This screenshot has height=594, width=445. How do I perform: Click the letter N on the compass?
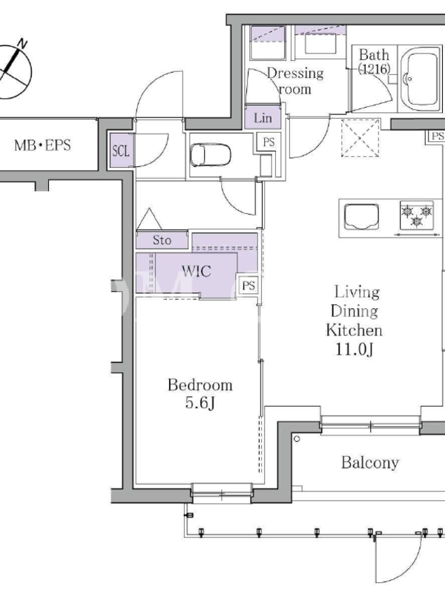[23, 44]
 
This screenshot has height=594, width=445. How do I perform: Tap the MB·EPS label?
[42, 145]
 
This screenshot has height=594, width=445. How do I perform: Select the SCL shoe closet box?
[121, 151]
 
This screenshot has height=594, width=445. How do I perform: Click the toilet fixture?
[210, 154]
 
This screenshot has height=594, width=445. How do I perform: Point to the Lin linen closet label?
[263, 118]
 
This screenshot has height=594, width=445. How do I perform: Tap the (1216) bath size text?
[374, 69]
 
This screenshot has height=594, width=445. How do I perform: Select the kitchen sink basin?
[361, 217]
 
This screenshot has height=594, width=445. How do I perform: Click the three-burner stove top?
[417, 215]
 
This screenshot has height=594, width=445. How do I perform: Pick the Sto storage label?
[162, 240]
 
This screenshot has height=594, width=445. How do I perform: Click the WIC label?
[196, 271]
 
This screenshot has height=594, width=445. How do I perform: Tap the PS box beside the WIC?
[248, 285]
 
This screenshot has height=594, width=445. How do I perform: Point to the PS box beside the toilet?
[268, 143]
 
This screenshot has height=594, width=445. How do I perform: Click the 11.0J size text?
[355, 349]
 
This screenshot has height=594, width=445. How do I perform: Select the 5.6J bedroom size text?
[200, 402]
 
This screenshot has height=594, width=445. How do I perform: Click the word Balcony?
[369, 463]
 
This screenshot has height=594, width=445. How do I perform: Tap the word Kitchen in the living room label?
[354, 330]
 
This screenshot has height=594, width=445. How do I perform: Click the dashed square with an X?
[360, 138]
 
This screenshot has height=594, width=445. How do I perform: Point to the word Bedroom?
[200, 385]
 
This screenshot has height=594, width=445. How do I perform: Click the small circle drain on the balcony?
[297, 439]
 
